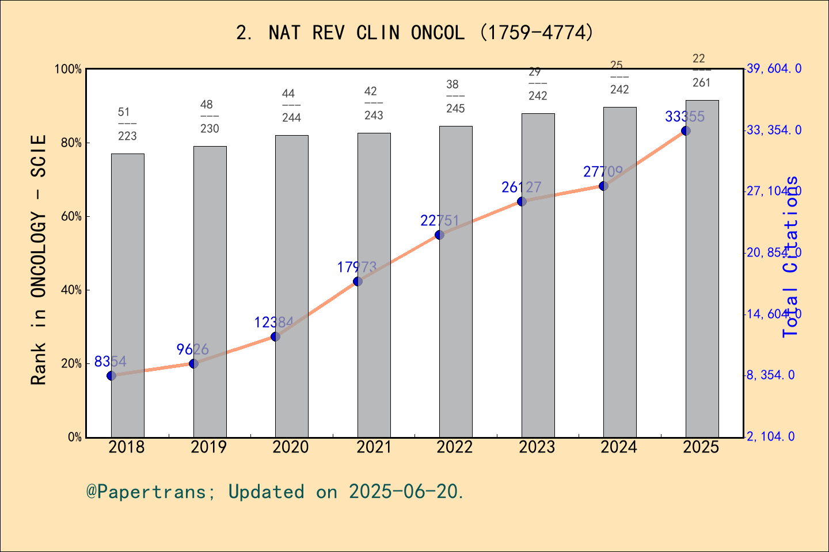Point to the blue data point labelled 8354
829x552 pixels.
[111, 375]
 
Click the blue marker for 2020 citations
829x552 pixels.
[275, 336]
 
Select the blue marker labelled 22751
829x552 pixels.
[439, 235]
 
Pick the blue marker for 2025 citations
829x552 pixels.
[686, 131]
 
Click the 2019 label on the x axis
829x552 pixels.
[209, 447]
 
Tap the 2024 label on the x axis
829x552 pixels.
[619, 447]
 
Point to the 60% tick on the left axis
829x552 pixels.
[71, 217]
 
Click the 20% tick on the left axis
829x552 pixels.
[71, 364]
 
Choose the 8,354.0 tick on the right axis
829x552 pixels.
[771, 375]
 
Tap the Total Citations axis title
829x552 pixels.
[791, 256]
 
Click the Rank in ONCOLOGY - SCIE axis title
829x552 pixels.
[39, 260]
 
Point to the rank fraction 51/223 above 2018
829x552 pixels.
[127, 124]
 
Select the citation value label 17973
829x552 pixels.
[357, 267]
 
